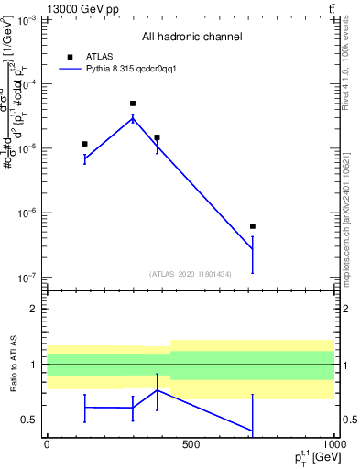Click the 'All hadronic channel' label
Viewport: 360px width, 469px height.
click(x=191, y=38)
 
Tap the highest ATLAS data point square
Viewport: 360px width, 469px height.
click(x=133, y=104)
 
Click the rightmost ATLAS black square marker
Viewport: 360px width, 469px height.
click(x=253, y=226)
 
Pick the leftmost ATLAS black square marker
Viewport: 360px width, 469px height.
click(x=85, y=144)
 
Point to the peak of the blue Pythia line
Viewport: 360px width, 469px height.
click(x=133, y=117)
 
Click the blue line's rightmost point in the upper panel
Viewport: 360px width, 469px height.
click(x=253, y=249)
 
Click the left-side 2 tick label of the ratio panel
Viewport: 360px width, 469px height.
click(x=35, y=309)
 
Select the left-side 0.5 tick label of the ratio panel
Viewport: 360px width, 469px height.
click(x=30, y=420)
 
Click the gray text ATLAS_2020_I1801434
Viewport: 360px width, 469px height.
click(x=191, y=274)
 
